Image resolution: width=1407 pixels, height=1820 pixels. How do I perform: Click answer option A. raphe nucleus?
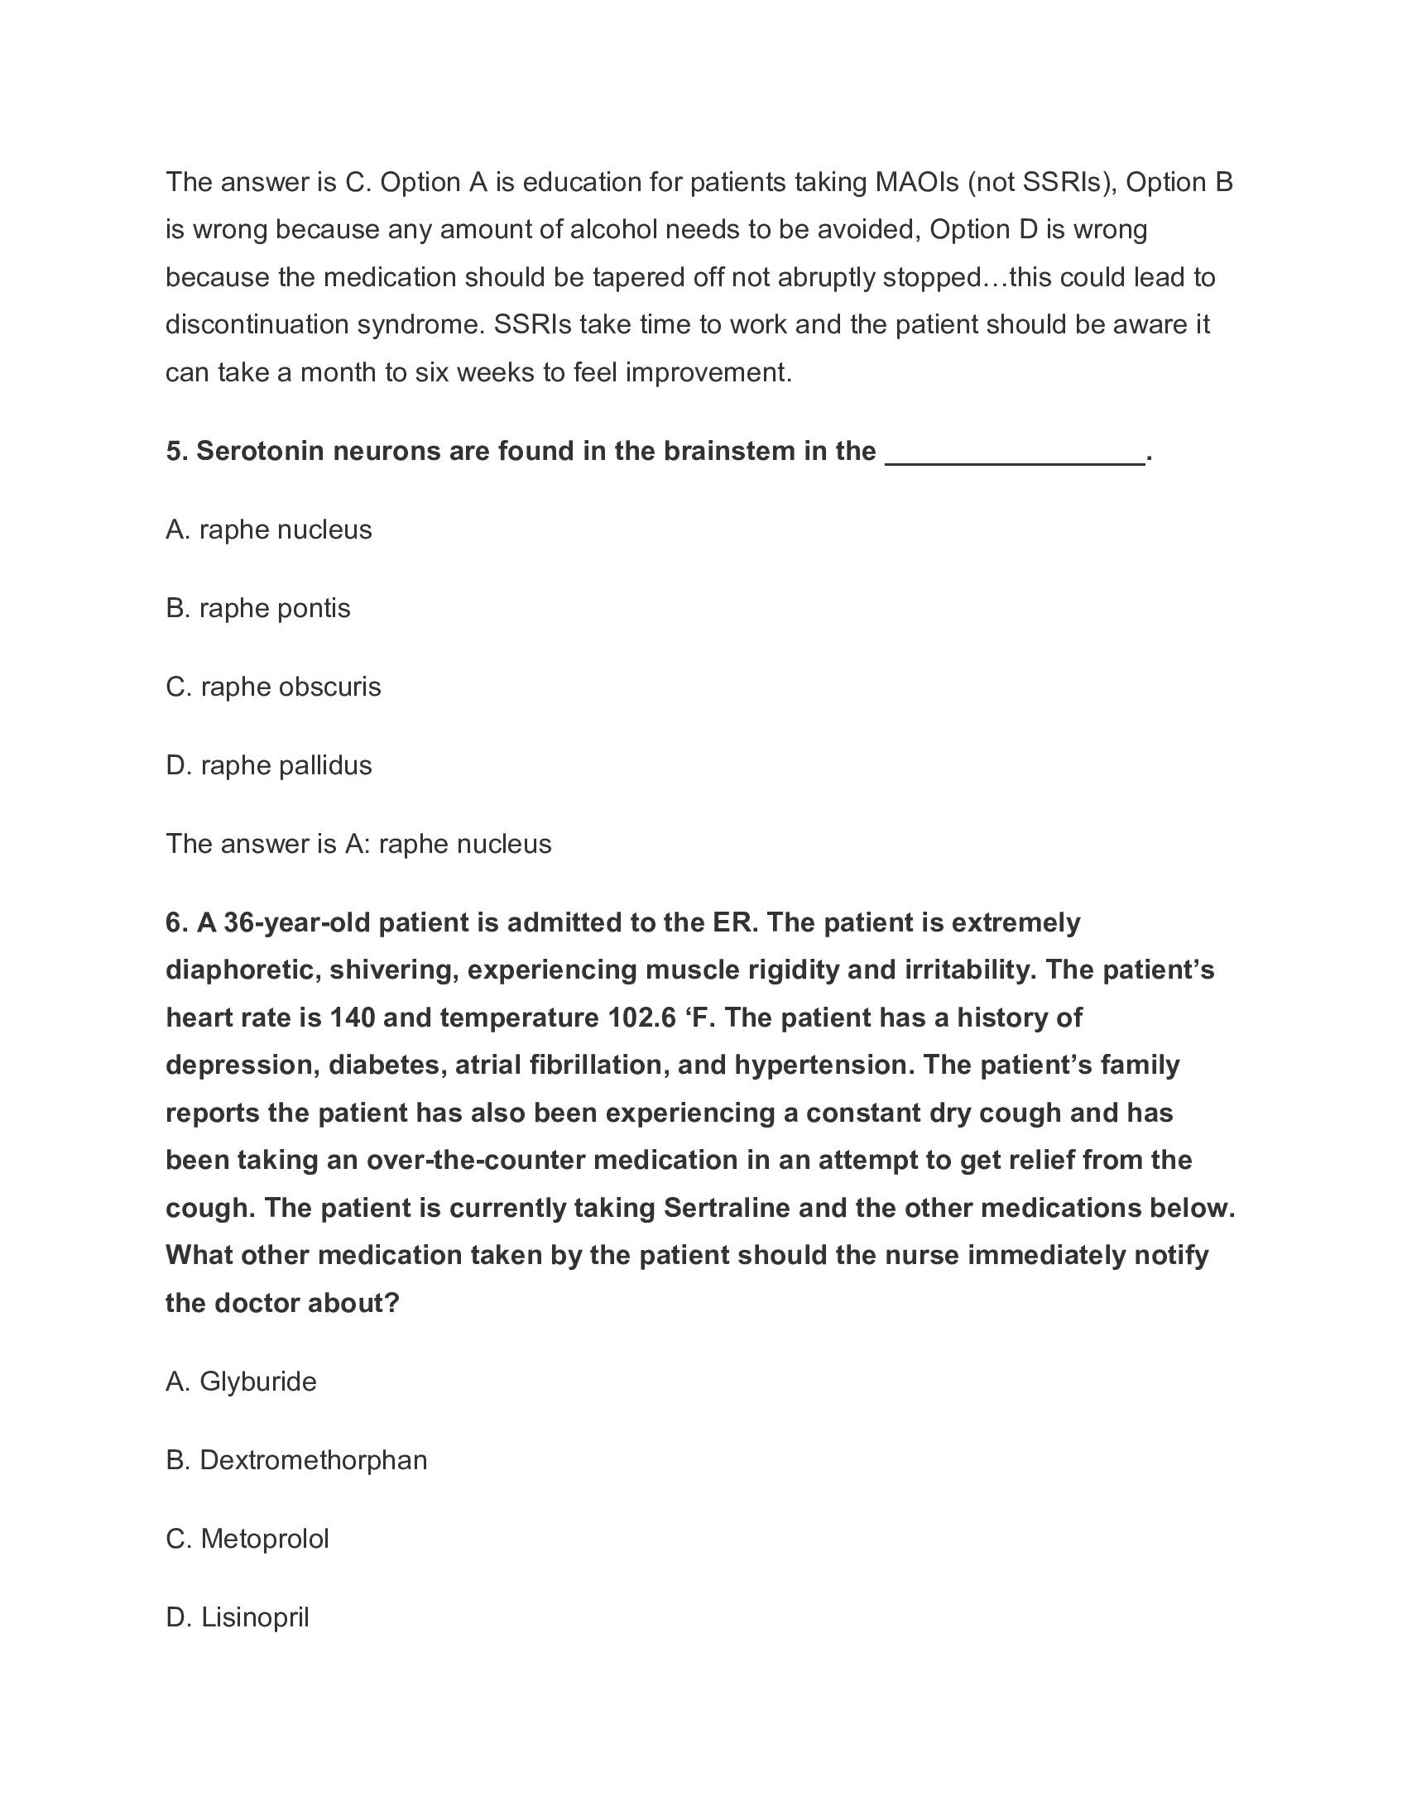268,530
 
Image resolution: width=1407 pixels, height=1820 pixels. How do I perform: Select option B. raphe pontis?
257,608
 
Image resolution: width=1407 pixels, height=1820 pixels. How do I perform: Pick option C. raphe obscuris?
273,687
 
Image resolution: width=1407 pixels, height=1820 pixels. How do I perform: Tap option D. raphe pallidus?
268,765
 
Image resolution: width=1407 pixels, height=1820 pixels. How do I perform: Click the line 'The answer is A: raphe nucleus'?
358,844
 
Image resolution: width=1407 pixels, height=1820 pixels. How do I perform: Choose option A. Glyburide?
241,1382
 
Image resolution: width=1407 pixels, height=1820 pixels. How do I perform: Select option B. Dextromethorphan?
296,1460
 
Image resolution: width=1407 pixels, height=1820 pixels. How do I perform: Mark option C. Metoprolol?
247,1539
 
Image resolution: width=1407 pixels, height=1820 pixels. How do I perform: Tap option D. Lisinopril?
238,1617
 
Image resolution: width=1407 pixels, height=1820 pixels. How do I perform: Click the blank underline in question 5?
1015,454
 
